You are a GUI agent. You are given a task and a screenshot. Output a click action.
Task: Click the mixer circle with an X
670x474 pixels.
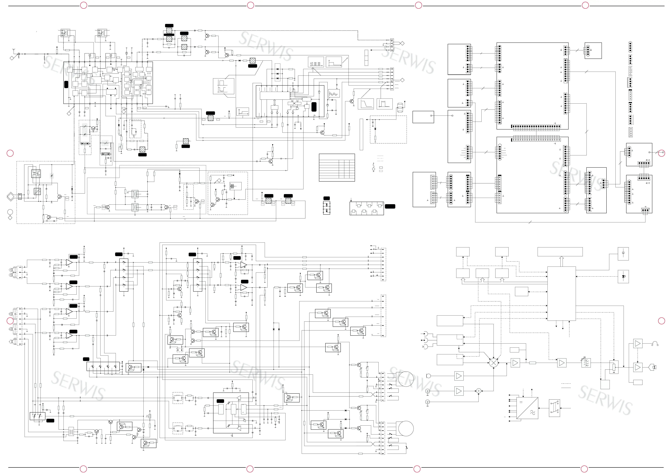(494, 363)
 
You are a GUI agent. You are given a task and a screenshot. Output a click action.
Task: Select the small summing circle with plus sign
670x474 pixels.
(479, 391)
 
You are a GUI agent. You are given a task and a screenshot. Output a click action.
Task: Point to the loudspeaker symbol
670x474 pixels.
(652, 367)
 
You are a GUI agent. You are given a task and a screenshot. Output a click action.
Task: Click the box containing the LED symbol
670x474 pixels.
(623, 276)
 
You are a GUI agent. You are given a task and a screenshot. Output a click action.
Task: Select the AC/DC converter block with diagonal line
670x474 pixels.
(527, 408)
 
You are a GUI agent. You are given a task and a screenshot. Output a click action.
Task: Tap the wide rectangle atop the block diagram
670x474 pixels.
(560, 252)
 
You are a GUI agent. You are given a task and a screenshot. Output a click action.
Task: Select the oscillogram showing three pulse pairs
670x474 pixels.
(316, 62)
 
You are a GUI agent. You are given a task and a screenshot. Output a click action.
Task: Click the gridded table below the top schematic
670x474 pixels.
(337, 167)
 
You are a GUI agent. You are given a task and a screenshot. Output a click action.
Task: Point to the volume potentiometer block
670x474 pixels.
(614, 367)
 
